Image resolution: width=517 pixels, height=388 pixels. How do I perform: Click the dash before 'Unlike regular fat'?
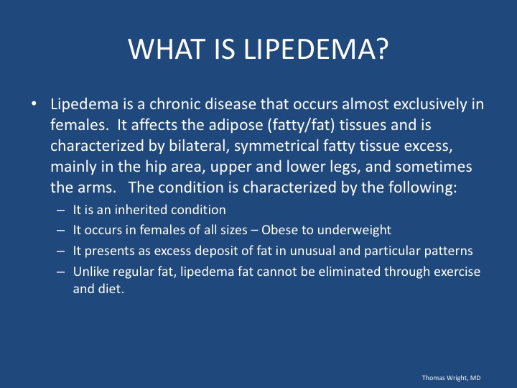pyautogui.click(x=60, y=272)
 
